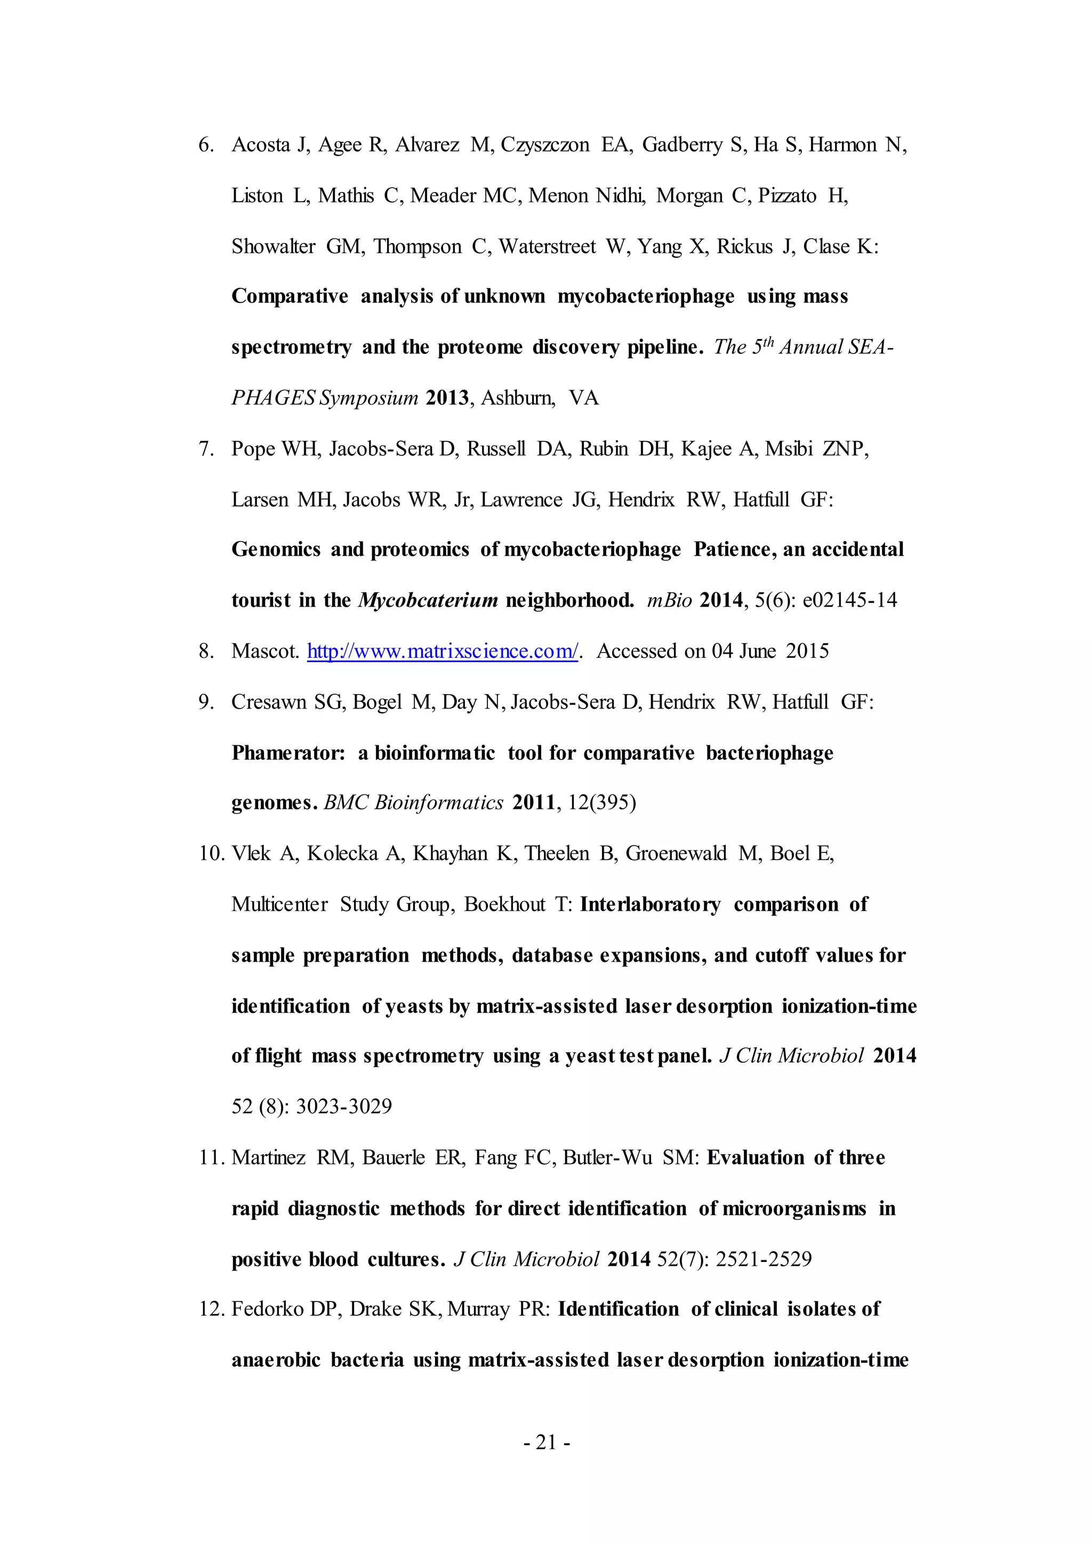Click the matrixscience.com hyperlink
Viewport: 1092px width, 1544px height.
pyautogui.click(x=443, y=651)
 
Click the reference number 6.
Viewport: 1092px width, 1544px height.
pyautogui.click(x=205, y=145)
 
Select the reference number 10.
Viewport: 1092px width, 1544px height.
pyautogui.click(x=211, y=854)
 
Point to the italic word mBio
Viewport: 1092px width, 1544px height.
pyautogui.click(x=669, y=600)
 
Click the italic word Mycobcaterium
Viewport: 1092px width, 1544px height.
pyautogui.click(x=428, y=600)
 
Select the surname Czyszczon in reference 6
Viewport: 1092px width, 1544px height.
pyautogui.click(x=544, y=145)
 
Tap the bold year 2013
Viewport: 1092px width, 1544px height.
pyautogui.click(x=447, y=398)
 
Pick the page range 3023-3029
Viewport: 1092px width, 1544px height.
pyautogui.click(x=343, y=1106)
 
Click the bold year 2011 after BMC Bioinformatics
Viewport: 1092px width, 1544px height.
pyautogui.click(x=533, y=803)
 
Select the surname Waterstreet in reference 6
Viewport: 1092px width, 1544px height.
pyautogui.click(x=547, y=247)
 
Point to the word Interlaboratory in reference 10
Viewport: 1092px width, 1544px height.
pyautogui.click(x=649, y=904)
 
